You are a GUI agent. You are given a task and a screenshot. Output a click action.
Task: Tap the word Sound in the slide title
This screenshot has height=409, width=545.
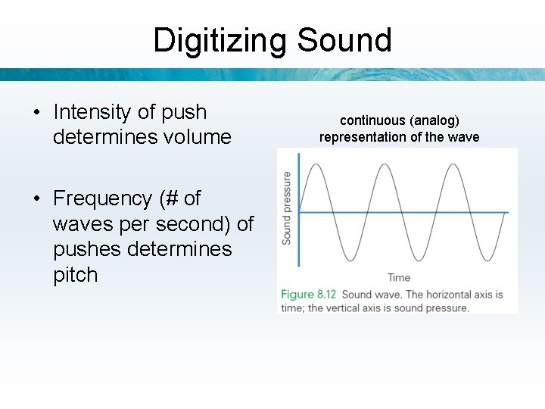(344, 40)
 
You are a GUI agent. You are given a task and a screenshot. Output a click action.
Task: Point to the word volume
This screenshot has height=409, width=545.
(194, 137)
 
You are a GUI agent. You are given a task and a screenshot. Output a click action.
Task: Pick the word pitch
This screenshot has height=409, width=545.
(75, 274)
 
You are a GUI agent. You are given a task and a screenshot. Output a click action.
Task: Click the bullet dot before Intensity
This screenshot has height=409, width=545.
(36, 113)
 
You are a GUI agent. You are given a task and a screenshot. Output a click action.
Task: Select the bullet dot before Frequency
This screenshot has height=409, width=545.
(36, 199)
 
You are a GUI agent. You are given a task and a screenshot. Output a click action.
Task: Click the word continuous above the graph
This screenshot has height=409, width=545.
(372, 120)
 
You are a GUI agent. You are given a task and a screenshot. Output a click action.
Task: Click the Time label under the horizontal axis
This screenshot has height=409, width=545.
(399, 277)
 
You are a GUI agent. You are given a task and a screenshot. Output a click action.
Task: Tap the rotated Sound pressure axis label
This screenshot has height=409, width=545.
(287, 208)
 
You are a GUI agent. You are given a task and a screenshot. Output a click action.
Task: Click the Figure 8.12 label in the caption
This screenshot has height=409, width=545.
(309, 294)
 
